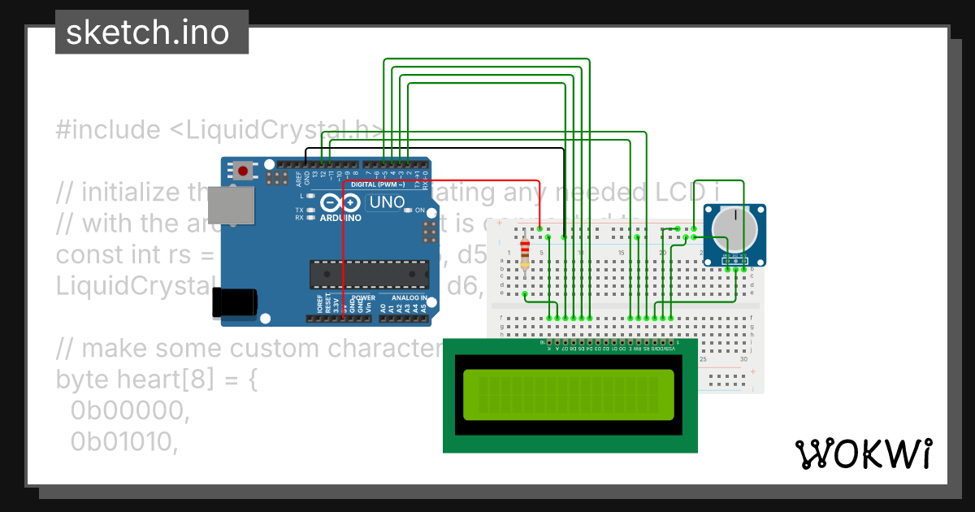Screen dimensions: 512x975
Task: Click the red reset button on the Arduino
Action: pyautogui.click(x=242, y=171)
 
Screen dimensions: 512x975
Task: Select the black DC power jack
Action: pyautogui.click(x=235, y=303)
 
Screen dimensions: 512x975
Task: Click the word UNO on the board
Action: pyautogui.click(x=387, y=202)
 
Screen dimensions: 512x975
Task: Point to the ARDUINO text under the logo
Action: pyautogui.click(x=340, y=218)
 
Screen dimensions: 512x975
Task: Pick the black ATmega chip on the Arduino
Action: pyautogui.click(x=367, y=275)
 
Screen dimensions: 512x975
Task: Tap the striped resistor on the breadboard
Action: pyautogui.click(x=525, y=254)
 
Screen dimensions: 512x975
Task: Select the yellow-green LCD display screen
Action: pyautogui.click(x=569, y=394)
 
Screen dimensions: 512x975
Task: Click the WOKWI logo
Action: pyautogui.click(x=863, y=453)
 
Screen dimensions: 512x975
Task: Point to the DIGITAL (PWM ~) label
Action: pyautogui.click(x=395, y=184)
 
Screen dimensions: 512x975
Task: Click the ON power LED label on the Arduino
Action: pyautogui.click(x=419, y=210)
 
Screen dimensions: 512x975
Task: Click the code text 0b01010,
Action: pyautogui.click(x=123, y=441)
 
